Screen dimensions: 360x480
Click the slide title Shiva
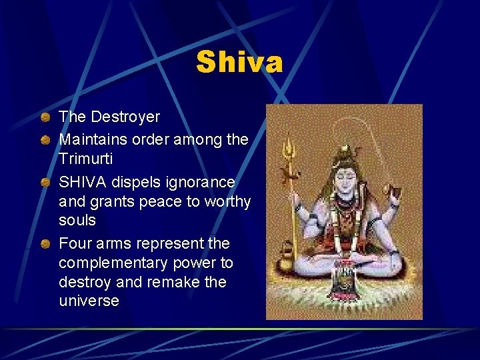click(x=239, y=63)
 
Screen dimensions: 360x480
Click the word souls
click(x=77, y=220)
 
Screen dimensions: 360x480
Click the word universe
click(x=89, y=301)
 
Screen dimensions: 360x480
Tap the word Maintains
click(x=90, y=140)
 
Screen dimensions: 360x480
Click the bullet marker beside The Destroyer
click(x=44, y=117)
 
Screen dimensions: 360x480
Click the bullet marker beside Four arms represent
click(x=44, y=244)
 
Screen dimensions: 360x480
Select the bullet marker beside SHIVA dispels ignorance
click(x=44, y=183)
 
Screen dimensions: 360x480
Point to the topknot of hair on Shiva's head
click(x=345, y=152)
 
